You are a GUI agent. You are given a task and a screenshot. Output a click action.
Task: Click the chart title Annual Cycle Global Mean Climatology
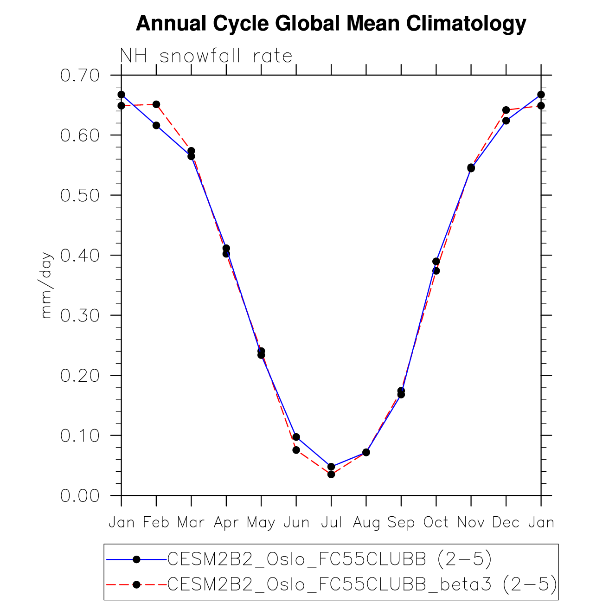point(331,23)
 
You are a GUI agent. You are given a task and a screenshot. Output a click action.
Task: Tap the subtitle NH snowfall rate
point(206,56)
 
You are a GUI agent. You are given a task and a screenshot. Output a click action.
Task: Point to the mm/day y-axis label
point(46,285)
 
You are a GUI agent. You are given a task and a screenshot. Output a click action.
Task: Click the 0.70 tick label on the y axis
point(80,75)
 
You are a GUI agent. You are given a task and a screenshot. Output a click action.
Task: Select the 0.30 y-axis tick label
point(80,315)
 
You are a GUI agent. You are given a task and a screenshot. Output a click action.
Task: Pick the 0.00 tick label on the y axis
point(80,495)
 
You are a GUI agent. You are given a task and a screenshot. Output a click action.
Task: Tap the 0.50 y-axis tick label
point(80,195)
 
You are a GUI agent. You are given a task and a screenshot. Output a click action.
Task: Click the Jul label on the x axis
point(331,523)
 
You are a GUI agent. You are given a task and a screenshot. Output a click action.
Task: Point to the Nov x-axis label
point(471,523)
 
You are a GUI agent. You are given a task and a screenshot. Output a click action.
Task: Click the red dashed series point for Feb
point(156,104)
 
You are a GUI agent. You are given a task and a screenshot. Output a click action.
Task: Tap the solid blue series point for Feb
point(156,125)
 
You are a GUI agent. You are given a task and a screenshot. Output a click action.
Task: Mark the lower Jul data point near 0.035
point(331,474)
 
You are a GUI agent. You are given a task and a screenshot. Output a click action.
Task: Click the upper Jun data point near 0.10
point(296,437)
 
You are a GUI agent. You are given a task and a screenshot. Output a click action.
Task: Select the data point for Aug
point(366,452)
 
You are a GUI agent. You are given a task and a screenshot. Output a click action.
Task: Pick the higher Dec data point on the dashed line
point(506,110)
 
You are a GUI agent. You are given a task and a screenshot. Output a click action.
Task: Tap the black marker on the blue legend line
point(136,559)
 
